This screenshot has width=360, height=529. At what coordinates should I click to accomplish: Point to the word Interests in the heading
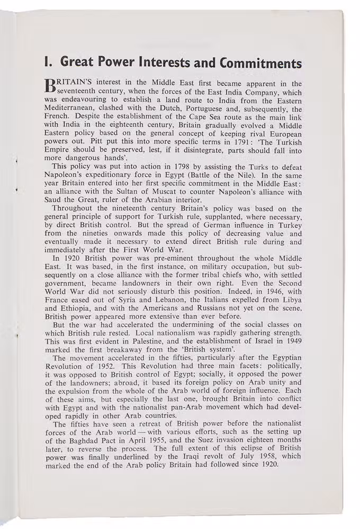pos(164,62)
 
